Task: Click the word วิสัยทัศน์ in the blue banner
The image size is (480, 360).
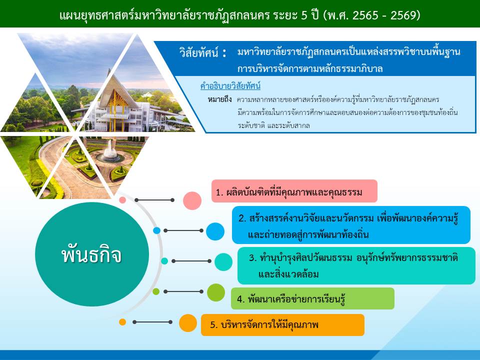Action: [199, 52]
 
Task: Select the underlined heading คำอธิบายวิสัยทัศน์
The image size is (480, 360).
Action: [230, 86]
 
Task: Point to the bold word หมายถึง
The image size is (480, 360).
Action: [219, 99]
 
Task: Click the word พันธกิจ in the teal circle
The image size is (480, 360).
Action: [91, 254]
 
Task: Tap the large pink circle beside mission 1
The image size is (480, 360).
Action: [192, 200]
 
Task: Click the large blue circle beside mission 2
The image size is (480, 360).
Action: [215, 231]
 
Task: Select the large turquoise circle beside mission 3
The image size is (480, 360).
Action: [223, 261]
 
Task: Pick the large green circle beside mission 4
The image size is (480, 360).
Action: [216, 292]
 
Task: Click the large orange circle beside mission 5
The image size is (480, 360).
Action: [187, 323]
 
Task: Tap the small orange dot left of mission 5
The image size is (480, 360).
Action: [122, 322]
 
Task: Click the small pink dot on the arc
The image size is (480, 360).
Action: [122, 200]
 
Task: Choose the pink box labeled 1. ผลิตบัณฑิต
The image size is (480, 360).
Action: [294, 191]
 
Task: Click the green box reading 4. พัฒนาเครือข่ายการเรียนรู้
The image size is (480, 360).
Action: [312, 298]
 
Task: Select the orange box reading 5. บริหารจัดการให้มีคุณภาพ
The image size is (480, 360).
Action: [282, 325]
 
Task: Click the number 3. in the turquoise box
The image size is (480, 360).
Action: [252, 258]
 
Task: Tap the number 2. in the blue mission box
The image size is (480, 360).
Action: [242, 218]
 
